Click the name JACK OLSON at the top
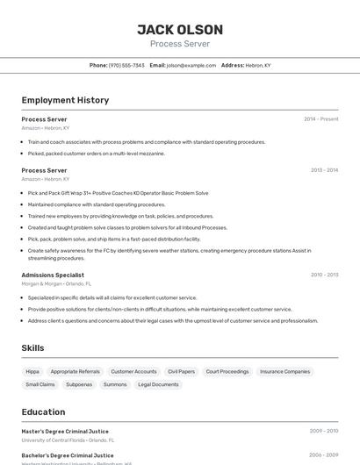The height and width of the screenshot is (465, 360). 180,29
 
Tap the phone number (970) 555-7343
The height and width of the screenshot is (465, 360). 126,65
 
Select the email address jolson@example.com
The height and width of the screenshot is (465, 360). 191,65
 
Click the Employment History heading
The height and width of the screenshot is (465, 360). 65,100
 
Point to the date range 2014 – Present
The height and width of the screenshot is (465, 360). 320,119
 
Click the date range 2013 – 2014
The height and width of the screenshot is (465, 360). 324,170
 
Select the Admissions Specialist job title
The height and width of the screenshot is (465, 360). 53,275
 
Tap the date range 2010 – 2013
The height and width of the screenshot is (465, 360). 324,275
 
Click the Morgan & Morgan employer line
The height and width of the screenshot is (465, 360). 56,283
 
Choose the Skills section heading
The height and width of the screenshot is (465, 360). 32,348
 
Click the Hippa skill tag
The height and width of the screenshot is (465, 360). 32,371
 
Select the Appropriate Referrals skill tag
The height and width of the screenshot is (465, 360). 76,371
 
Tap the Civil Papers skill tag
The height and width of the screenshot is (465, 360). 181,371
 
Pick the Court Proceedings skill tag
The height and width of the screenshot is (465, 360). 227,371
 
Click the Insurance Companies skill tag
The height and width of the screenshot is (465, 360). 284,371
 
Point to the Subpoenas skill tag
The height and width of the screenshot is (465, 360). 79,384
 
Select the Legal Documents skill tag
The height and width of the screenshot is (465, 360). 158,384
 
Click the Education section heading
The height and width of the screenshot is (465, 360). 43,411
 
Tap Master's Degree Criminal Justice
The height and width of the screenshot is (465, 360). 65,431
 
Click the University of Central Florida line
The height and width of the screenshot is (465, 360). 68,440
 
